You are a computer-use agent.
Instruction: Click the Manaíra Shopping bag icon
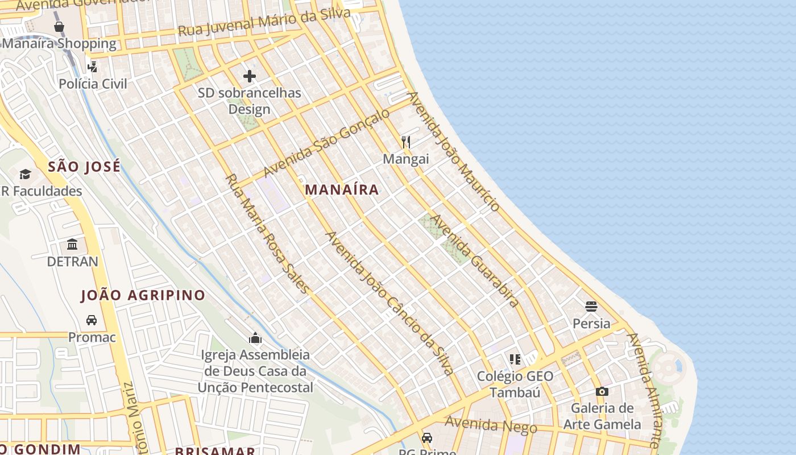click(59, 27)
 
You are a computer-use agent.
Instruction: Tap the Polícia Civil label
click(93, 84)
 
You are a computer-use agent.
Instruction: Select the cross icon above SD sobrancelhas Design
click(249, 76)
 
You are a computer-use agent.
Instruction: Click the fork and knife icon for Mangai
click(405, 142)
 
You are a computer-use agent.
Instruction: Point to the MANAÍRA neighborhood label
click(342, 190)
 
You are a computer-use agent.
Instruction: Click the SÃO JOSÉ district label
click(84, 167)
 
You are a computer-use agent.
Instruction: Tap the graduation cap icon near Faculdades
click(25, 174)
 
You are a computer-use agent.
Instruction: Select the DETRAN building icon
click(72, 245)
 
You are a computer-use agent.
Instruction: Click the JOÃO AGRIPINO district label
click(143, 295)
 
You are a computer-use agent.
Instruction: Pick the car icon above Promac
click(92, 320)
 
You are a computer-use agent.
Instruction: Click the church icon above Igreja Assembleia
click(255, 338)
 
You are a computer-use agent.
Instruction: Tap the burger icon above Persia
click(591, 307)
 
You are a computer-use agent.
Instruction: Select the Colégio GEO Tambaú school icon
click(515, 359)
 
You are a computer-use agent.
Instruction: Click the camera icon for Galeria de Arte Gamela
click(602, 391)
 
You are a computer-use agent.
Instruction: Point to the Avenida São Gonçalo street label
click(326, 142)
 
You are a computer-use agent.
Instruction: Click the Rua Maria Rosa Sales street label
click(267, 233)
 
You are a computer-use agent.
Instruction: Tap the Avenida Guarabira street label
click(475, 260)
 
